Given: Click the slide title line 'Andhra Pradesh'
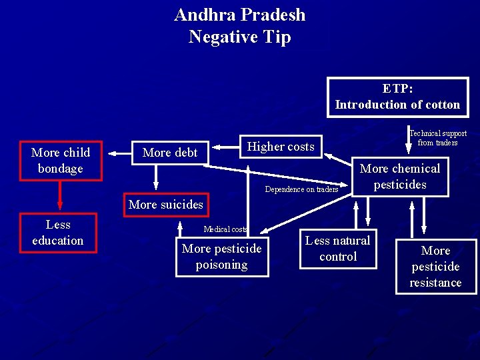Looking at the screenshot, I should click(x=240, y=15).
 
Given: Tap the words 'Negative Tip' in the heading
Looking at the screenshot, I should click(x=240, y=37).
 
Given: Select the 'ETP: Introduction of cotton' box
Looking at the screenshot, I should click(x=397, y=97).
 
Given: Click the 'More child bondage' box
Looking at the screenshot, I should click(x=61, y=161).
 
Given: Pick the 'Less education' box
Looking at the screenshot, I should click(x=58, y=233).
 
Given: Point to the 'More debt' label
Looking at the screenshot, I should click(x=170, y=153).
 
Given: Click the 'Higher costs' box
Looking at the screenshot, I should click(x=281, y=147).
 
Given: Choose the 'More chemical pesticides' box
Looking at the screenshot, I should click(x=400, y=177).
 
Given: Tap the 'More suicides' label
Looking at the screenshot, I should click(x=165, y=204).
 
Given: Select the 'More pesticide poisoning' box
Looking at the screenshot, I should click(x=222, y=257).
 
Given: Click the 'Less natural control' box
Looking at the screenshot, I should click(x=338, y=249).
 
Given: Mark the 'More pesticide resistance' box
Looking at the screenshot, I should click(x=436, y=267).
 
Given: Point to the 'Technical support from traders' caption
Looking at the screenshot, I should click(x=437, y=138).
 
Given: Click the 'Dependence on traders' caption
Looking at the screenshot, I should click(x=301, y=189).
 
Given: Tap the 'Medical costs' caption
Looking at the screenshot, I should click(x=225, y=229).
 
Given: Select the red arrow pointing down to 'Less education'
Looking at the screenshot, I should click(x=60, y=195).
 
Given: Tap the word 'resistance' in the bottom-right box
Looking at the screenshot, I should click(x=436, y=283).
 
